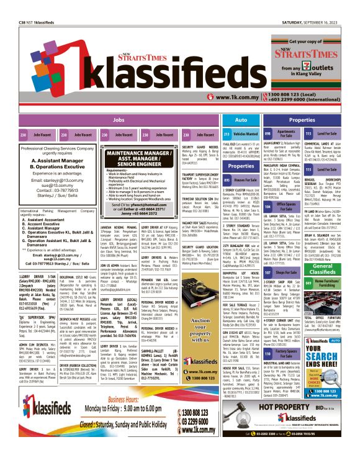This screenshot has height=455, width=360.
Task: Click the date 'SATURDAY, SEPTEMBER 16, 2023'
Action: tap(317, 6)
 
